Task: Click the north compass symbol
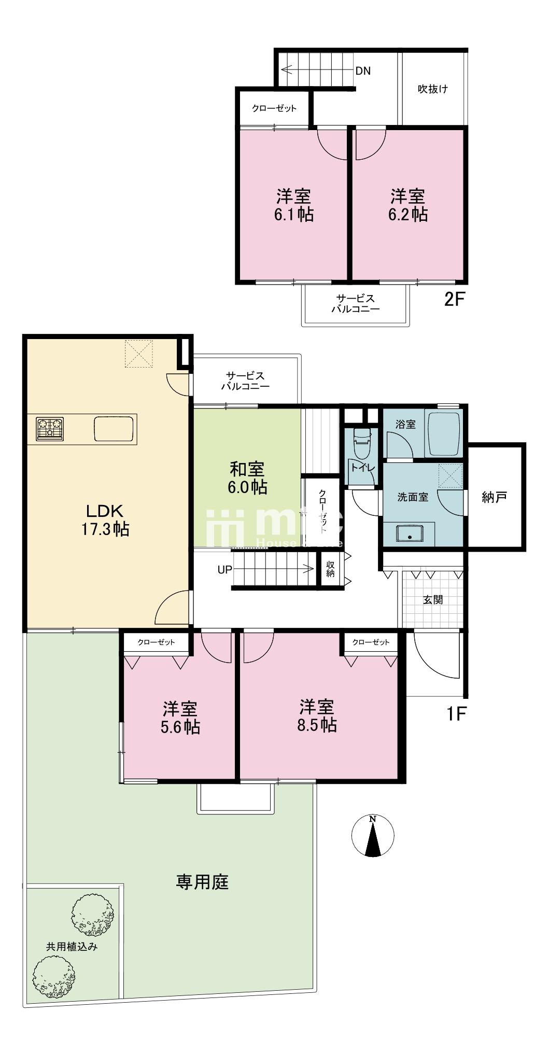point(372,836)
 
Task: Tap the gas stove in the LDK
point(50,428)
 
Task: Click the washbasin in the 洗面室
point(410,533)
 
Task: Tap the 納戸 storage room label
point(494,498)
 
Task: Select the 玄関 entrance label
point(433,600)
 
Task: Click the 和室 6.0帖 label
point(247,478)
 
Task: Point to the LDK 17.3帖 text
point(105,520)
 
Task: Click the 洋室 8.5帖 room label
point(317,715)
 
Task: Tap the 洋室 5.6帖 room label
point(180,718)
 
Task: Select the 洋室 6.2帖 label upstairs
point(408,205)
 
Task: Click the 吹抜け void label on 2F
point(433,89)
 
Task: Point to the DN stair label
point(363,71)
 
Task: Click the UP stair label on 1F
point(224,570)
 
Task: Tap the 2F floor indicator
point(453,300)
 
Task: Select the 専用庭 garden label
point(202,881)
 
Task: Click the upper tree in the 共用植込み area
point(92,915)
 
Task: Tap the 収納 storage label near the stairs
point(330,569)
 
